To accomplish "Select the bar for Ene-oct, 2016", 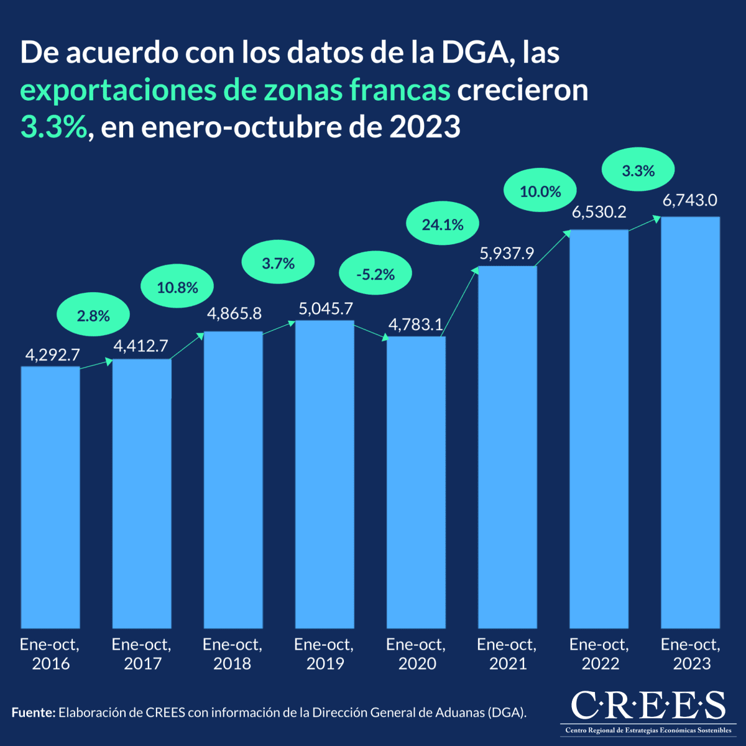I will point(50,497).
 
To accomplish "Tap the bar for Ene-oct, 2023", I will point(690,423).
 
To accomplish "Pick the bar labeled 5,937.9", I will point(507,448).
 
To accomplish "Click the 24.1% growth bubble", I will point(443,225).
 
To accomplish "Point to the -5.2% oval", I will point(375,274).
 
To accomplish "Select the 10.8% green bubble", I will point(178,288).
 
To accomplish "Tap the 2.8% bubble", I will point(93,316).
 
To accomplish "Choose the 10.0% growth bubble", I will point(540,191).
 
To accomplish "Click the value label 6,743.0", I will point(690,201).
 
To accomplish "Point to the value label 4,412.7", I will point(140,346).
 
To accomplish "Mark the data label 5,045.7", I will point(325,309).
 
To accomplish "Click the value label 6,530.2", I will point(599,213).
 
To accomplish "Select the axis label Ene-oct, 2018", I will point(233,654).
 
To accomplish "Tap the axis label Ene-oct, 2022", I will point(599,654).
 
